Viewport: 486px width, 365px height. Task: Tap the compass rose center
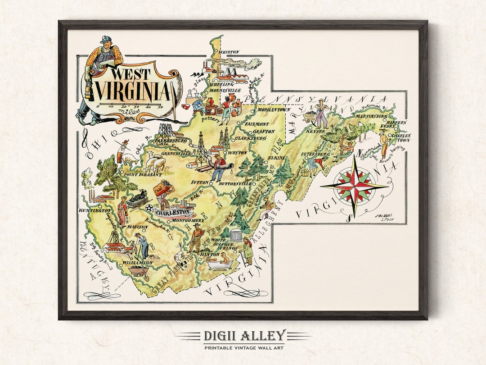coord(355,186)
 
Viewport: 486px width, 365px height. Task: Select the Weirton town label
coord(229,52)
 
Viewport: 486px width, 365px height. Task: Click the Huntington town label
coord(94,210)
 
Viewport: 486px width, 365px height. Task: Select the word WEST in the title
coord(131,74)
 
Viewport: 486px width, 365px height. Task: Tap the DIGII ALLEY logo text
coord(243,335)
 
